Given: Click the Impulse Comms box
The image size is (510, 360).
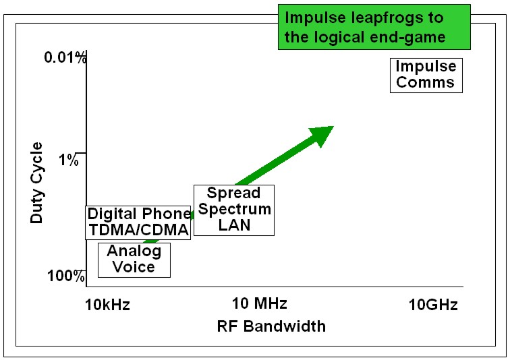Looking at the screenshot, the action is (x=426, y=76).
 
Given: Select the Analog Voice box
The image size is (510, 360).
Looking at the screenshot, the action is (x=134, y=260).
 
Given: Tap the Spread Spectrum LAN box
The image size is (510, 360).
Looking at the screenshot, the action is (x=234, y=210).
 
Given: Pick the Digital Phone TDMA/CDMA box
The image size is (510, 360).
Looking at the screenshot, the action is (x=138, y=222).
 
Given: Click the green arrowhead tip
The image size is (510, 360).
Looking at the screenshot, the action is (x=334, y=126).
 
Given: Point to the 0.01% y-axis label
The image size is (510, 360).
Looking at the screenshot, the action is (x=65, y=57).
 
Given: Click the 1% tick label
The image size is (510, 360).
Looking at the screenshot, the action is (x=69, y=160).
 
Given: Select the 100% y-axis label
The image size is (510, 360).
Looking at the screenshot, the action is (x=66, y=276).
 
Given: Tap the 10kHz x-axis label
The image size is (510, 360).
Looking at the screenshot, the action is (x=107, y=305).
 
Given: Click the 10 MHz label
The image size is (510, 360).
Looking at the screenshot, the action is (x=259, y=303).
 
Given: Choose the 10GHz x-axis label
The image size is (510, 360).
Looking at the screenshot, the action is (x=433, y=305).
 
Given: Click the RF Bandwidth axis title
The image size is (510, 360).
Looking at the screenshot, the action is (x=271, y=326).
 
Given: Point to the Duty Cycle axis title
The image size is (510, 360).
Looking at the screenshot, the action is (x=36, y=183).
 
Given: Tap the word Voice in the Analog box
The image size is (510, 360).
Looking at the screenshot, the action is (x=134, y=267).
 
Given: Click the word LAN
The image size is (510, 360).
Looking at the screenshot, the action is (x=234, y=225).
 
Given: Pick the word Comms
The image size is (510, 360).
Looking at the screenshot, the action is (x=425, y=82).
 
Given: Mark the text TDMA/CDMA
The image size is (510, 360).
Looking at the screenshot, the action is (x=139, y=230).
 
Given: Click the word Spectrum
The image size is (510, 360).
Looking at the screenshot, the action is (x=235, y=209).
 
